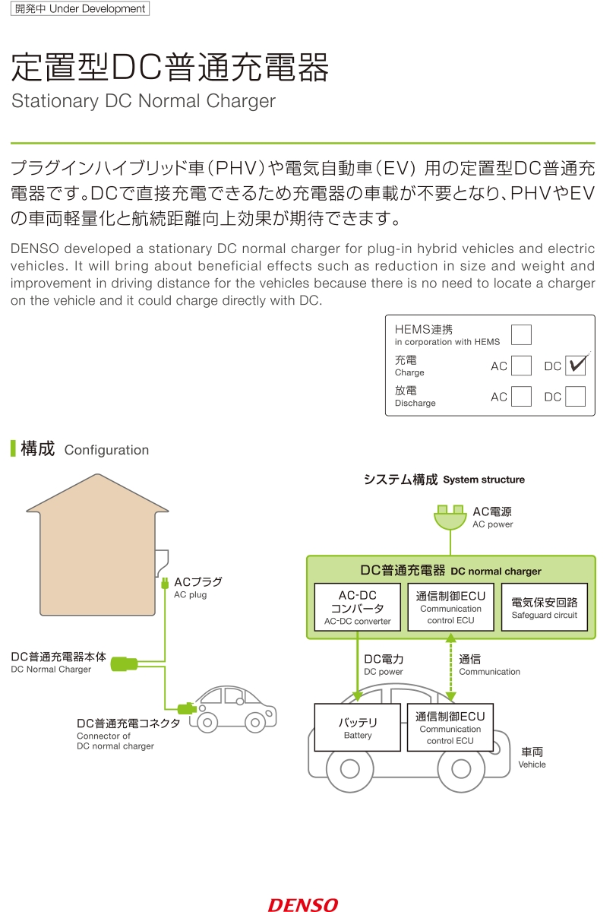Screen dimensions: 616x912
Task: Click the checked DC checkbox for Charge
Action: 575,366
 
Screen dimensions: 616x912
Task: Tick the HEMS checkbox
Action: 521,334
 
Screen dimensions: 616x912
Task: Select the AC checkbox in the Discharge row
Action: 521,396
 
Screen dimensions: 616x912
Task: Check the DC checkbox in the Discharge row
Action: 575,396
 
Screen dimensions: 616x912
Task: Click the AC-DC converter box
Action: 357,607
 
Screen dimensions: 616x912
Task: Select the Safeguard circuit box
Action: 544,607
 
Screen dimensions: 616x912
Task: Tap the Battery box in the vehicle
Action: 357,727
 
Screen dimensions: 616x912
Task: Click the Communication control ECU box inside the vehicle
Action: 450,727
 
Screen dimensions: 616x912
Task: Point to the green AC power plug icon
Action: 450,517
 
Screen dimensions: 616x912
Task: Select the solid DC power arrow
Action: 357,666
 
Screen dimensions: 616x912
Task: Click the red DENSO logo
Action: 303,905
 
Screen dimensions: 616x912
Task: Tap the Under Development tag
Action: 81,8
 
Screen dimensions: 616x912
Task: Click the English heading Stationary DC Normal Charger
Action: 144,100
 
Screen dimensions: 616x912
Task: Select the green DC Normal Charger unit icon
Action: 124,663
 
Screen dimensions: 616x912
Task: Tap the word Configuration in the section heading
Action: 106,450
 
